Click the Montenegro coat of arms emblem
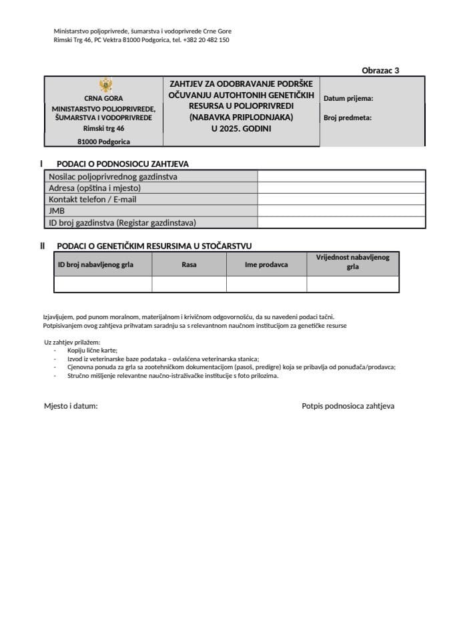[105, 85]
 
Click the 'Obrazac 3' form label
[380, 69]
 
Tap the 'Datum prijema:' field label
[348, 98]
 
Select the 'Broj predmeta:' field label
[348, 118]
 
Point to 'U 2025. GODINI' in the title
[242, 128]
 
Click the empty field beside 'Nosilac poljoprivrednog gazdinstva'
[341, 176]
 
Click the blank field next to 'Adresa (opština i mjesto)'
[341, 188]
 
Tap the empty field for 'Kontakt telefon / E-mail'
[341, 199]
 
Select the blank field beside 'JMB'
[341, 210]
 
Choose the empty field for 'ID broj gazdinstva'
[341, 222]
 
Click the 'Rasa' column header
[189, 264]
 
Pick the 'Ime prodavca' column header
[266, 264]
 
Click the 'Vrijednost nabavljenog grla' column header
[353, 262]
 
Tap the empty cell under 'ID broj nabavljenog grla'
[103, 284]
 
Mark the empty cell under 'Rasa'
[189, 284]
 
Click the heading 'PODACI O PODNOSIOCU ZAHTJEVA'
[123, 164]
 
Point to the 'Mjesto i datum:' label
[71, 405]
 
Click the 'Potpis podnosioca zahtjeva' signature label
[348, 405]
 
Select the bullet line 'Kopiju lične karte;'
[92, 351]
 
